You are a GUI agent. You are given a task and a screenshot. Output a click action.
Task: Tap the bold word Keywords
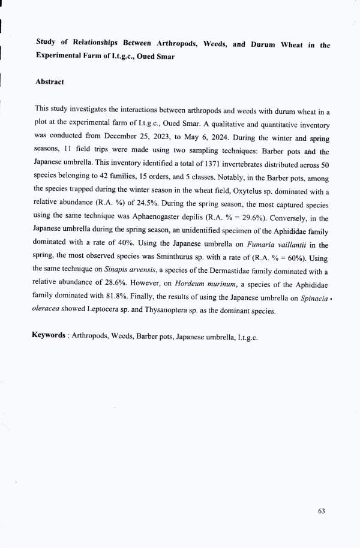click(49, 335)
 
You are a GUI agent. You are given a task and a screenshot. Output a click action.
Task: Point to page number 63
click(322, 511)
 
